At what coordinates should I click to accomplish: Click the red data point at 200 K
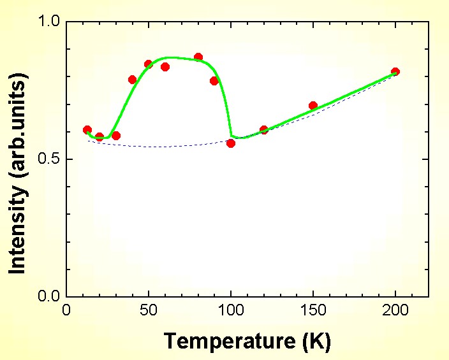pos(395,72)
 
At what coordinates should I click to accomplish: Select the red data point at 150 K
pos(313,106)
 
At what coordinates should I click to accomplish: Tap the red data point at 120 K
pos(264,130)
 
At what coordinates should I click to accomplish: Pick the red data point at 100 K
pos(231,143)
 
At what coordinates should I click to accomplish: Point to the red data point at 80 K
pos(198,57)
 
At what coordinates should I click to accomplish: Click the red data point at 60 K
pos(165,67)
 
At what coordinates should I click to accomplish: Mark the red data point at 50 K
pos(149,64)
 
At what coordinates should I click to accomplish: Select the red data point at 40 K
pos(133,80)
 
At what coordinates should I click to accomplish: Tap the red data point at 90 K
pos(214,81)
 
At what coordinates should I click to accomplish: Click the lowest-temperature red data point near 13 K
pos(87,130)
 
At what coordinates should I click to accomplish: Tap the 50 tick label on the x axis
pos(149,310)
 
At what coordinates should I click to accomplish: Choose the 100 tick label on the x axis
pos(231,310)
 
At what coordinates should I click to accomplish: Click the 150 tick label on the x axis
pos(313,310)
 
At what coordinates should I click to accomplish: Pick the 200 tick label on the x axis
pos(395,310)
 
